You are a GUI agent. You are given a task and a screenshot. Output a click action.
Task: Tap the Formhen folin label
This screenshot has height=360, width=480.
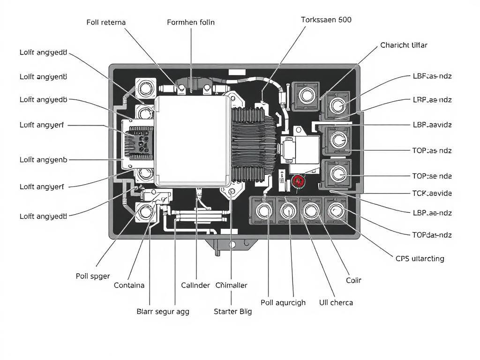[191, 22]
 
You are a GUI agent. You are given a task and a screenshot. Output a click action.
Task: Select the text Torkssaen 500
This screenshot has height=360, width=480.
[326, 20]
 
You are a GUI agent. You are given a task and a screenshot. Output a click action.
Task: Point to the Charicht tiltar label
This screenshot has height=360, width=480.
[404, 45]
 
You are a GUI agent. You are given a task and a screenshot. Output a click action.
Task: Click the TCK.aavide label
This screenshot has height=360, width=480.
[432, 193]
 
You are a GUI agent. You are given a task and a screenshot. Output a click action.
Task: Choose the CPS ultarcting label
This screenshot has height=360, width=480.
[420, 258]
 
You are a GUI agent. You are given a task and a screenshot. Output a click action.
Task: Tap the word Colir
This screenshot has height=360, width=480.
[353, 280]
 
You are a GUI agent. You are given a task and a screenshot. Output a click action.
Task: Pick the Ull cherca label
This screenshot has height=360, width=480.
[336, 302]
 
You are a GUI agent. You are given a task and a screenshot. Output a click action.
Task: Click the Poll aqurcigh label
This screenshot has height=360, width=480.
[283, 302]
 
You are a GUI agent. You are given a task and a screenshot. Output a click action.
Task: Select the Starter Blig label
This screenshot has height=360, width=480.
[232, 311]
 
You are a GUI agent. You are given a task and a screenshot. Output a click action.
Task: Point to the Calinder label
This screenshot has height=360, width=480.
[195, 285]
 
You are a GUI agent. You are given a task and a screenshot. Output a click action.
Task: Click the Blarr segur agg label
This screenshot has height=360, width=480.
[163, 311]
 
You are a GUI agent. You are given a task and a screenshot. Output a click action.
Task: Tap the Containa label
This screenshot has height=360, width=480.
[129, 285]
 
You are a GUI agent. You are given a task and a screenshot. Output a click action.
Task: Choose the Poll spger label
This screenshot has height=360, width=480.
[93, 276]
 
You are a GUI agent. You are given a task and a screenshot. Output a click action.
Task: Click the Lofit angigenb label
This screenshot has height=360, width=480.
[44, 159]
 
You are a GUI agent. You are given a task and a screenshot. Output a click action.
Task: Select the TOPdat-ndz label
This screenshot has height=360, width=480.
[432, 234]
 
